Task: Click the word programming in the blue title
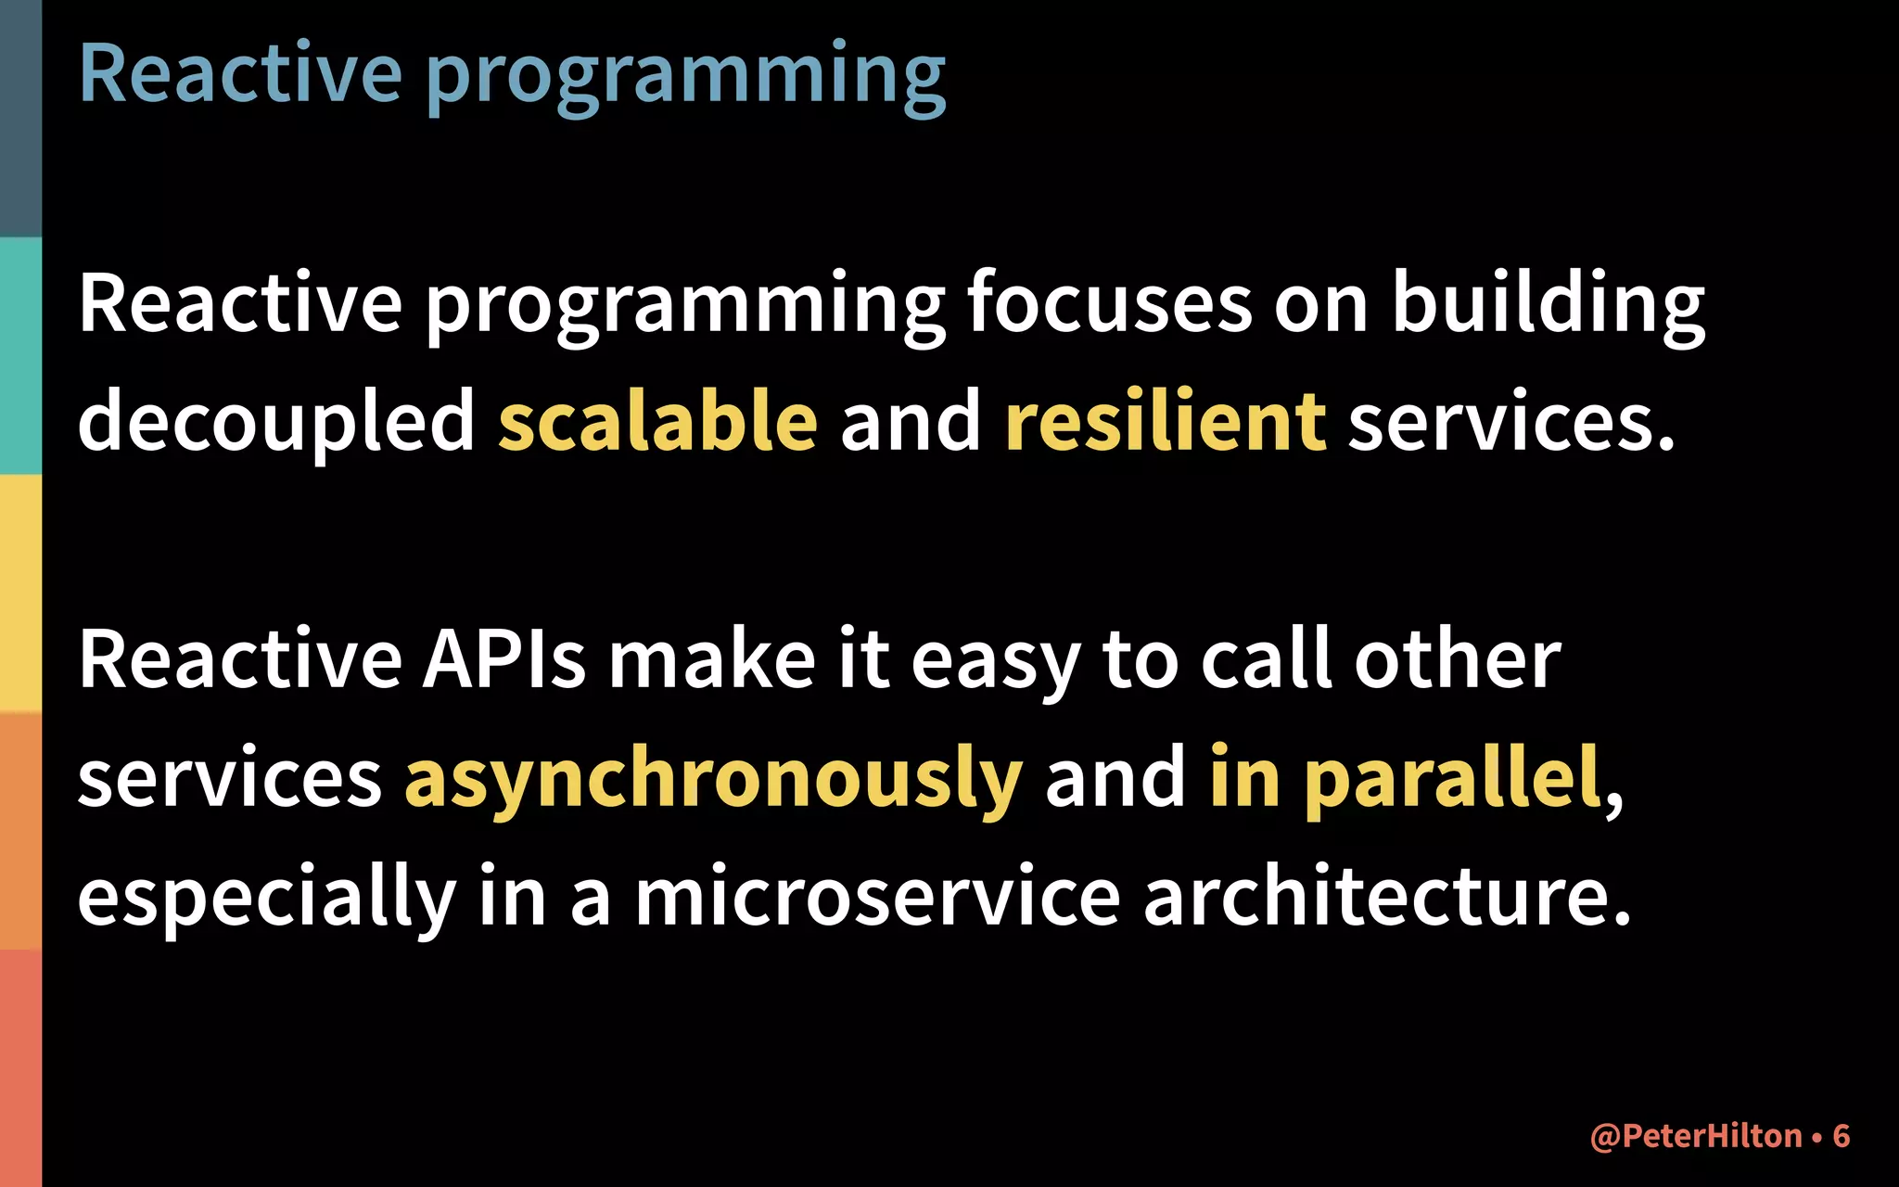point(686,76)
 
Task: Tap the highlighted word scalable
point(658,422)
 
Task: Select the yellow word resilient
point(1166,422)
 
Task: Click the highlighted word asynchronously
point(713,779)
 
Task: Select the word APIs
point(504,659)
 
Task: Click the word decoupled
point(276,422)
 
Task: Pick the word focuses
point(1109,303)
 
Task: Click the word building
point(1548,303)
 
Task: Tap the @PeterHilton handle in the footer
point(1696,1136)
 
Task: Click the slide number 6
point(1842,1136)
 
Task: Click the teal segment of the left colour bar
point(20,356)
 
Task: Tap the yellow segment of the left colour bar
point(20,593)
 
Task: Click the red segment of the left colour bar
point(20,1066)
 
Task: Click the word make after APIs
point(711,659)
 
